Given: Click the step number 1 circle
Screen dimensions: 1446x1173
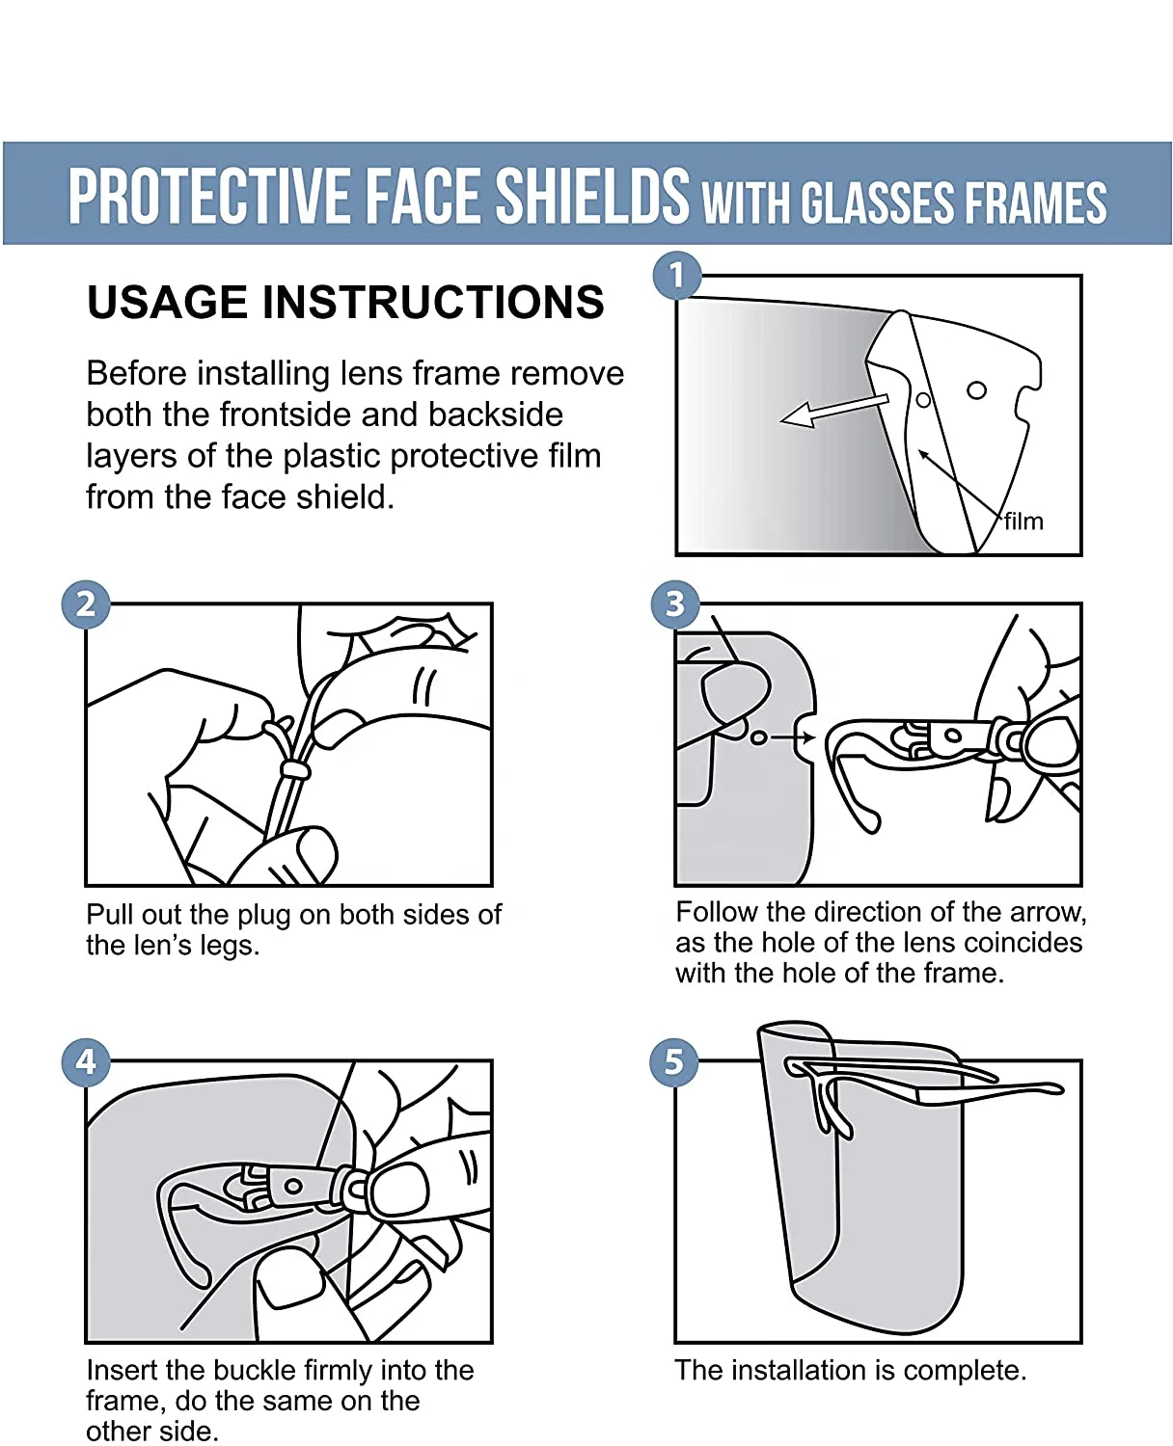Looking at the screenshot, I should (x=676, y=276).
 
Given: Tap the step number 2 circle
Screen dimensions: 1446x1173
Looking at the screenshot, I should (x=86, y=604).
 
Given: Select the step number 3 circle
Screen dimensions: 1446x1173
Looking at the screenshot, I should (x=675, y=604).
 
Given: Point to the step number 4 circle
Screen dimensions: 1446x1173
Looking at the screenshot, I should (x=86, y=1061).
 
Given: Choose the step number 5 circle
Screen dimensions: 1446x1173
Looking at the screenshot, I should (x=674, y=1061).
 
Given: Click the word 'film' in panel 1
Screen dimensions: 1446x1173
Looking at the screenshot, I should (x=1023, y=522).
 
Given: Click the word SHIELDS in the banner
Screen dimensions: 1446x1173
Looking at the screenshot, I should (x=592, y=196).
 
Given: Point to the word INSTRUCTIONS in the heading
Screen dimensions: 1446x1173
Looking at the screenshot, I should (x=433, y=303).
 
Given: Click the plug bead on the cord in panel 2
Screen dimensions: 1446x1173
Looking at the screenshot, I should (x=293, y=769).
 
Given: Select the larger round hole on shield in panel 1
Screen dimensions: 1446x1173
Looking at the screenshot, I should (x=976, y=390).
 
